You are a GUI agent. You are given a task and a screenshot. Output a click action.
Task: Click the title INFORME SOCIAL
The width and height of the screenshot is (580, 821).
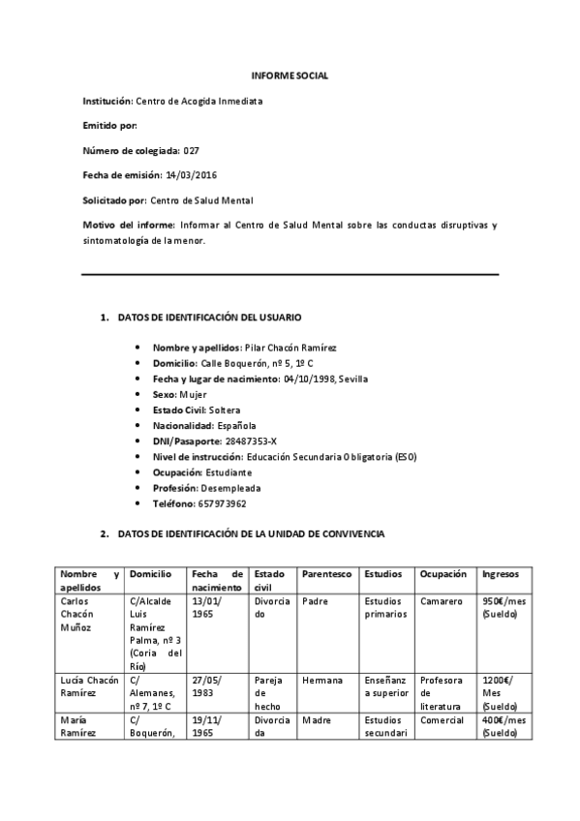(x=290, y=76)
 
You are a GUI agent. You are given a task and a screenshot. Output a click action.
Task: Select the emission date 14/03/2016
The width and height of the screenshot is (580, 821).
(x=192, y=175)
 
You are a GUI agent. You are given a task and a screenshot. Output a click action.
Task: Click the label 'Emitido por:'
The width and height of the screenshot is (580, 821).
(x=109, y=126)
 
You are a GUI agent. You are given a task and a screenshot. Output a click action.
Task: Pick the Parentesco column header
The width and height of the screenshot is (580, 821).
(x=325, y=574)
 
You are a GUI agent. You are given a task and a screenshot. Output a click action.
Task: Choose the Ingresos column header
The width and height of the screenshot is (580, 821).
(x=500, y=574)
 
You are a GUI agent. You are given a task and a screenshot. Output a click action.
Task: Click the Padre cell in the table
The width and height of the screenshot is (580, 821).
(x=314, y=601)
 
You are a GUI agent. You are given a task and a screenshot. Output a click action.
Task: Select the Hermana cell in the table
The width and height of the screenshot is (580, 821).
(x=321, y=681)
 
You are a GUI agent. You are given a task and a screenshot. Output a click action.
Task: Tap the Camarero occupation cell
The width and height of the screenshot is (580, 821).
(x=442, y=601)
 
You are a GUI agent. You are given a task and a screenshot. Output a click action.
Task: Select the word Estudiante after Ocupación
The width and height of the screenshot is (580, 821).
(x=228, y=471)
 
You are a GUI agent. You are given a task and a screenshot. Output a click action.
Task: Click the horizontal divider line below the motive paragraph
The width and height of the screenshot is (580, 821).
(x=290, y=275)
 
